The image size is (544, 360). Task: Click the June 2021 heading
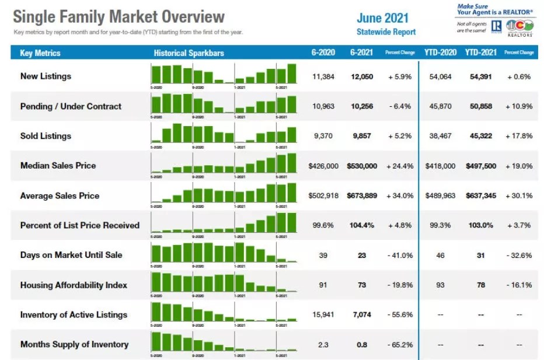coord(383,18)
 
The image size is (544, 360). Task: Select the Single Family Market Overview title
coord(119,16)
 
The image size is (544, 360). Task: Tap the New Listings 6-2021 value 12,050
coord(362,76)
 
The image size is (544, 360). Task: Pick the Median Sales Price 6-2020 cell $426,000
coord(323,166)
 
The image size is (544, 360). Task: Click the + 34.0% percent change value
coord(400,195)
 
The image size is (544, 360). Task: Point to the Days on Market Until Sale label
coord(71,255)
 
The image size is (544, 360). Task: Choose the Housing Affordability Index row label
coord(74,285)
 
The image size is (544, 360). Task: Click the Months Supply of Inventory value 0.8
coord(362,344)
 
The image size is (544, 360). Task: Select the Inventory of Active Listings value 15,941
coord(323,314)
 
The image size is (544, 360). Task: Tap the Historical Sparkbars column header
coord(189,53)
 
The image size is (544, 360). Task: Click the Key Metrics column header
coord(40,53)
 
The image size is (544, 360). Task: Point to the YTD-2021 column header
coord(480,53)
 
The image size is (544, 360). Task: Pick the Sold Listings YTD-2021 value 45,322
coord(481,136)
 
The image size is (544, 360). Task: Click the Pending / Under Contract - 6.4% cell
coord(400,106)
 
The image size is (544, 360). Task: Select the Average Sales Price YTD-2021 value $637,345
coord(481,195)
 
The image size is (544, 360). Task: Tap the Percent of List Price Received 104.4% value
coord(362,225)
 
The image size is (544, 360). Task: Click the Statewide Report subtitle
coord(386,32)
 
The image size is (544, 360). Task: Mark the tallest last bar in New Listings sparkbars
coord(291,74)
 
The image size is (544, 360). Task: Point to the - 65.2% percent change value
coord(400,344)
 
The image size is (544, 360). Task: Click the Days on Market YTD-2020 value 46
coord(440,255)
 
